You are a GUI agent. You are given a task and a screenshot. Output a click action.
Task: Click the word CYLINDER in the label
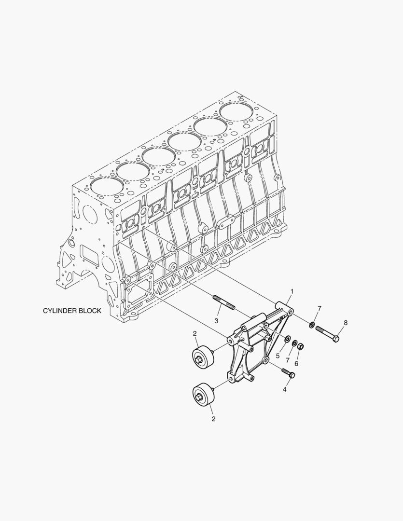click(60, 311)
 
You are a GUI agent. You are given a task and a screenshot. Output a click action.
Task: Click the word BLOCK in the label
click(90, 311)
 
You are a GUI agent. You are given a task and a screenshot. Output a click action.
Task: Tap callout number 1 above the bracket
click(292, 291)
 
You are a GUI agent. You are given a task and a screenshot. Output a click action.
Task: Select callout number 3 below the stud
click(216, 321)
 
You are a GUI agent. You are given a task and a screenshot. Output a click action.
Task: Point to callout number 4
click(285, 389)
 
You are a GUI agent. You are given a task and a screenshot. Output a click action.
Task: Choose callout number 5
click(278, 356)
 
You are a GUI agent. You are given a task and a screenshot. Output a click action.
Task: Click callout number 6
click(296, 364)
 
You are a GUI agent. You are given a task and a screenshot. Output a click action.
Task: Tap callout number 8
click(346, 322)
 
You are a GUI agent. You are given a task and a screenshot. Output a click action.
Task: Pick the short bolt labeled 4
click(288, 372)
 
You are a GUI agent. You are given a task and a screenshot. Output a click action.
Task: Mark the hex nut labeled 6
click(300, 346)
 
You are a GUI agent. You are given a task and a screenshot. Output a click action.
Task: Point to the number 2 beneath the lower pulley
click(213, 419)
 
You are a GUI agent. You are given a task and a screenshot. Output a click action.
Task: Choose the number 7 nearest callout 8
click(319, 308)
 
